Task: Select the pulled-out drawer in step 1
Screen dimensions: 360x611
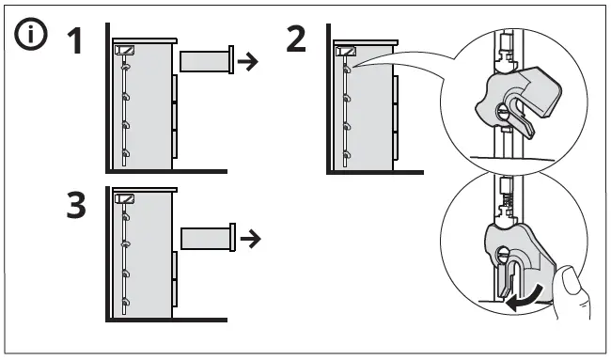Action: (x=205, y=63)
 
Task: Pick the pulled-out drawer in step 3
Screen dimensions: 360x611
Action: (x=206, y=239)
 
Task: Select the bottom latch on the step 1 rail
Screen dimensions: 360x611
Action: (x=125, y=152)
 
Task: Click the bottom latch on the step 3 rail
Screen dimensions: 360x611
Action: (x=125, y=302)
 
